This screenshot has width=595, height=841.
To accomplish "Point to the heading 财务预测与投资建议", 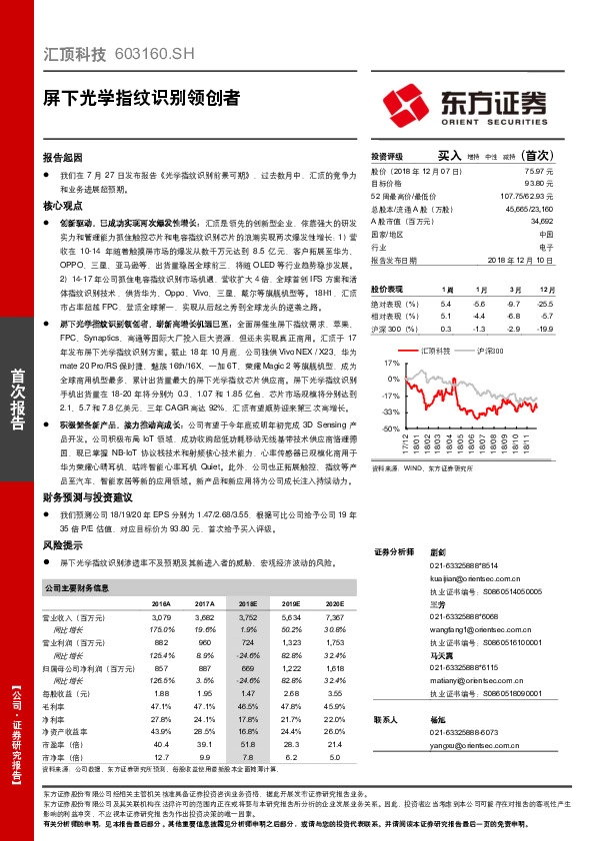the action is [x=88, y=496].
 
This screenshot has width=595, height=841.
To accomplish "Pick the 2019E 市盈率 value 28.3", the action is [x=291, y=743].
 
